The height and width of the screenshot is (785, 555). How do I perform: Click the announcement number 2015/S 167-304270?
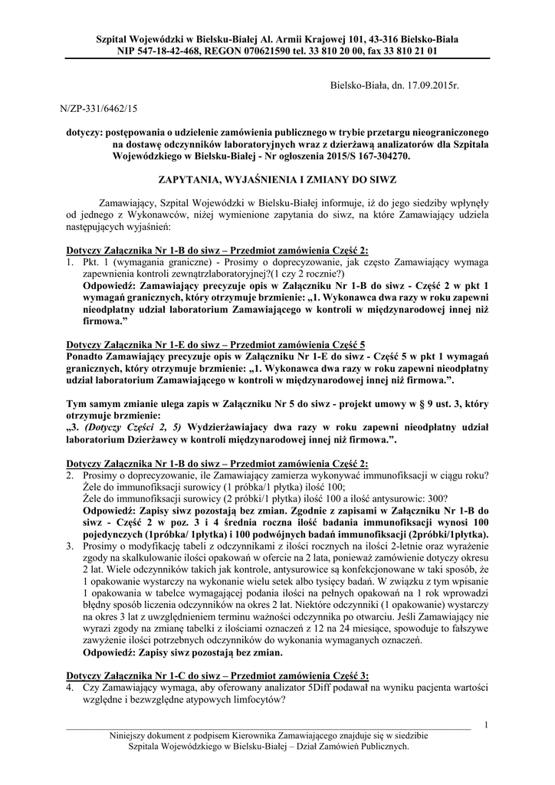361,154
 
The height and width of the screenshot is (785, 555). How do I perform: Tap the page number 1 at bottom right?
487,724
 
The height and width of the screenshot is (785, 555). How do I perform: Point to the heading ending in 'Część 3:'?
217,675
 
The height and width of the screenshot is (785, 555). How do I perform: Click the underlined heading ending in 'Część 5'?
215,346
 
